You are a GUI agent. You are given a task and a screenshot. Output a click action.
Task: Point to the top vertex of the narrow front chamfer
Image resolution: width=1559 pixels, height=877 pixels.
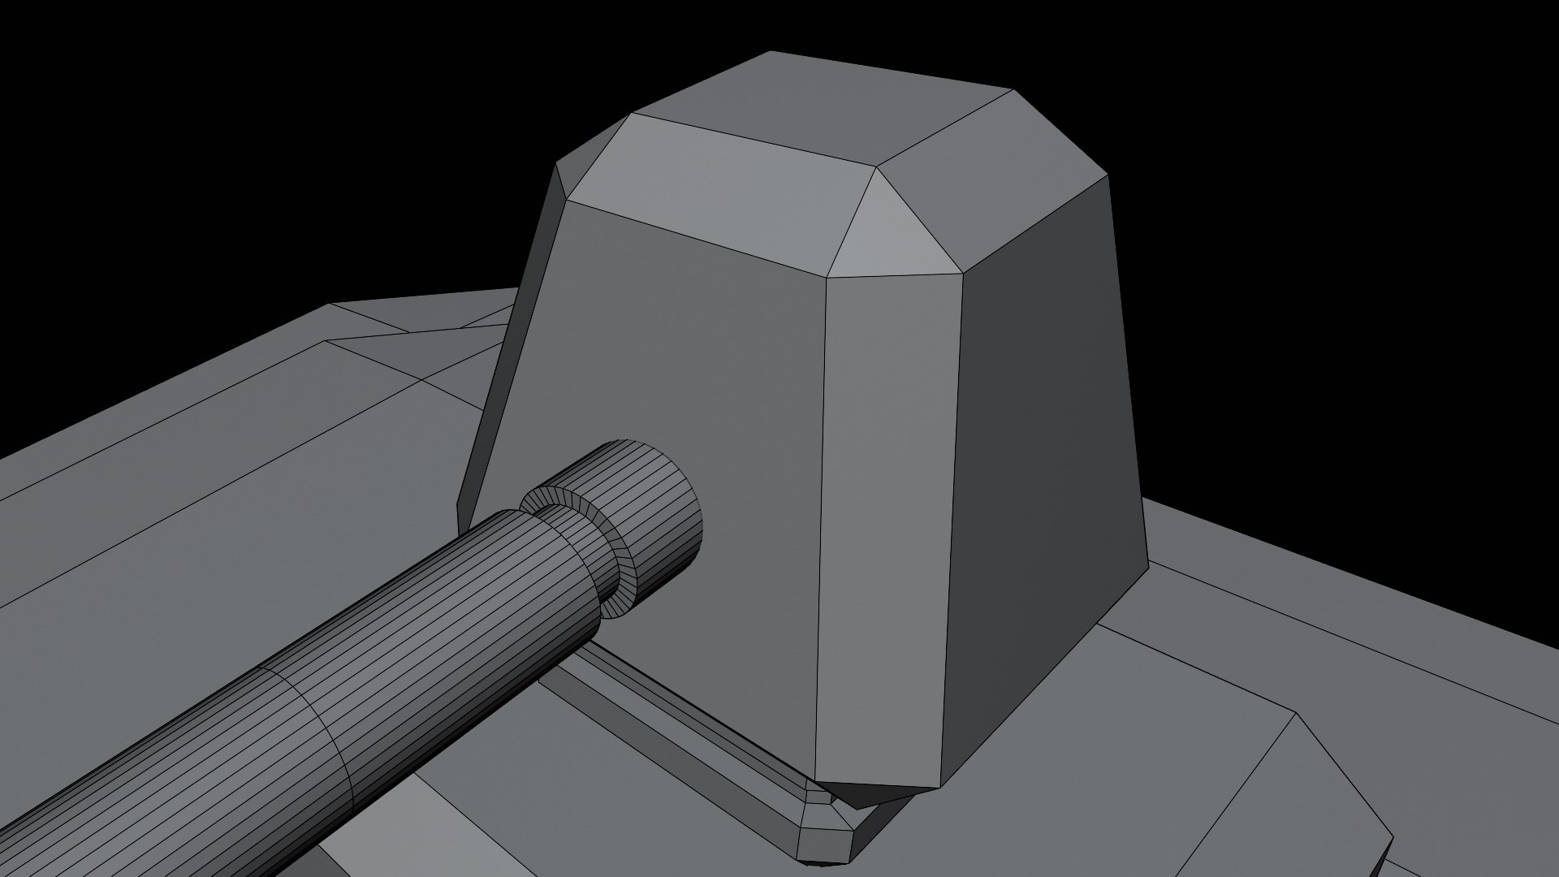pyautogui.click(x=827, y=279)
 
